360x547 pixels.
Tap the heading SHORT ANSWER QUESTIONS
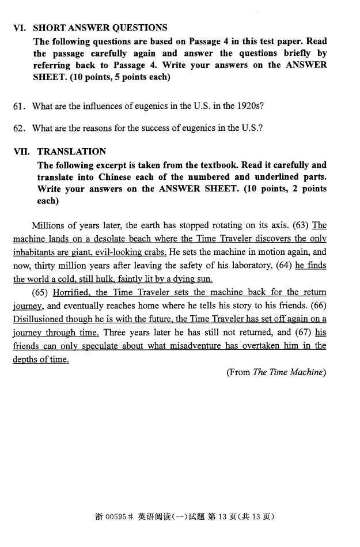pyautogui.click(x=100, y=28)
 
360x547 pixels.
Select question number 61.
pyautogui.click(x=20, y=106)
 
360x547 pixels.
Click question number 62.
pyautogui.click(x=20, y=128)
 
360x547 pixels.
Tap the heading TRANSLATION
pyautogui.click(x=71, y=152)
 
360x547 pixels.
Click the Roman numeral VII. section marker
pyautogui.click(x=22, y=152)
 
